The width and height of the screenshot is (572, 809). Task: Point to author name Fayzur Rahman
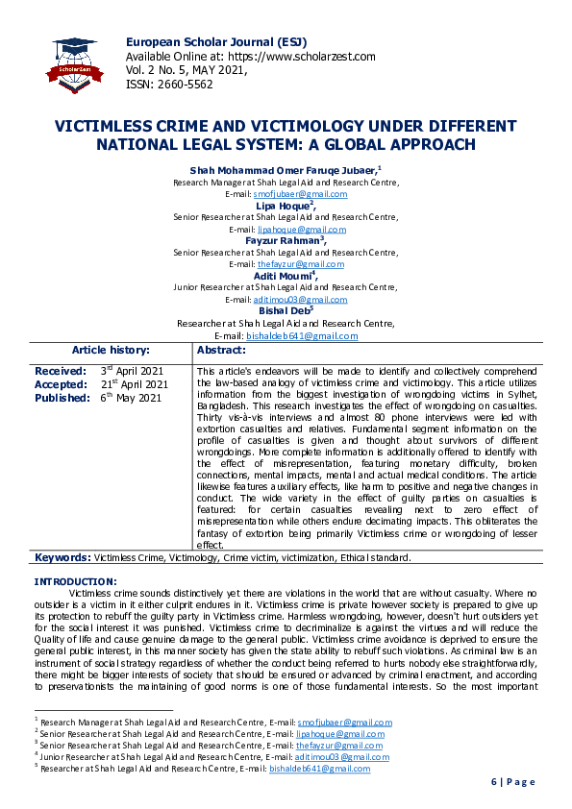283,240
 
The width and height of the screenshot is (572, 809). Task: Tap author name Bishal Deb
283,310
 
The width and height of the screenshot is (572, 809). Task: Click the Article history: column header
111,351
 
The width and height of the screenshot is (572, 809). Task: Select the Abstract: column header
221,351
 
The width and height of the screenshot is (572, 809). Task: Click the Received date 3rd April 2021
132,371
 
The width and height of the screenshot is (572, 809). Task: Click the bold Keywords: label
62,557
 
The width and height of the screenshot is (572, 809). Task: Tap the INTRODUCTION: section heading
76,581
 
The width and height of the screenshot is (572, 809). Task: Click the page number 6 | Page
513,782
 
